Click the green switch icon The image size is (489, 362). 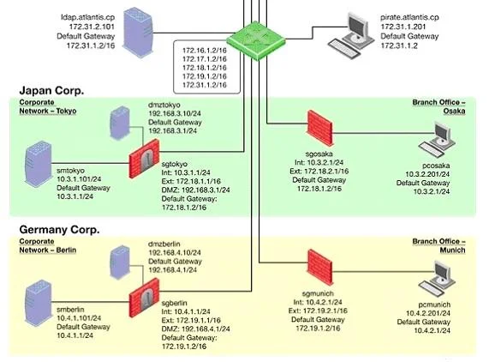click(256, 40)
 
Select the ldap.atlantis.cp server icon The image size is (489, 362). click(138, 33)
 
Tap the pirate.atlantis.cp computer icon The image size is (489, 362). click(351, 35)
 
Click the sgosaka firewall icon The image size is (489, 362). click(320, 128)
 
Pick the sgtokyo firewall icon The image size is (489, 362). click(144, 159)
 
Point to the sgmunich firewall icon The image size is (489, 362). click(320, 268)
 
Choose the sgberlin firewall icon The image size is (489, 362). click(144, 298)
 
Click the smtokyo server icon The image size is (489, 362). click(38, 164)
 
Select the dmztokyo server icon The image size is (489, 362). click(120, 123)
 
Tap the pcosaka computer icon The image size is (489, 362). click(438, 139)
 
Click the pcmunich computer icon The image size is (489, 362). click(438, 279)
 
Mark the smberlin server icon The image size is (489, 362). click(38, 303)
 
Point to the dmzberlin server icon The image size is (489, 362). click(120, 262)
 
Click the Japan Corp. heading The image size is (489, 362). click(51, 91)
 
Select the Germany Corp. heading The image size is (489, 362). click(59, 230)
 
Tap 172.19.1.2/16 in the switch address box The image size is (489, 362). click(205, 76)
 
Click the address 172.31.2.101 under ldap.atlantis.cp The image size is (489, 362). click(92, 27)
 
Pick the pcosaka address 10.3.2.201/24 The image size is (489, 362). click(427, 174)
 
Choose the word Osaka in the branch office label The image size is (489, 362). click(454, 111)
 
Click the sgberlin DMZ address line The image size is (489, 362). click(195, 329)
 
